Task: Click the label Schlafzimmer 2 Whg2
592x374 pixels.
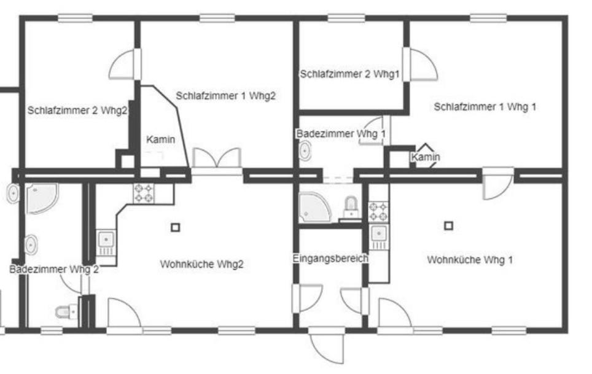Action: pos(77,111)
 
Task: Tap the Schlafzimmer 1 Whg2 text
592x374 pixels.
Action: pos(226,96)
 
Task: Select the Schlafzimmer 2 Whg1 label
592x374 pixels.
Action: pos(349,74)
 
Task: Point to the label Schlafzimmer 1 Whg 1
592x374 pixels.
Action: pos(485,107)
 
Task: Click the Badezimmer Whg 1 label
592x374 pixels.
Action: pos(341,134)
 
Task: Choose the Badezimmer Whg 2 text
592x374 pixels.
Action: pos(54,270)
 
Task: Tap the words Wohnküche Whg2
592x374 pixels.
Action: pos(201,264)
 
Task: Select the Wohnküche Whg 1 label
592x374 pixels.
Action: pos(470,260)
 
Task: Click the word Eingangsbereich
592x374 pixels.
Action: pos(330,259)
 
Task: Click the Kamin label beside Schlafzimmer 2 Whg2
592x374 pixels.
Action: pos(161,139)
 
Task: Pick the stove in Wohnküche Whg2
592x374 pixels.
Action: pos(144,193)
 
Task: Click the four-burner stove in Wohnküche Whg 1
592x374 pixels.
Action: pos(378,211)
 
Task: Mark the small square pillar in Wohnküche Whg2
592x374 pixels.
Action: pos(175,228)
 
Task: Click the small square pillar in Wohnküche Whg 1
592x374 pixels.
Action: pos(448,225)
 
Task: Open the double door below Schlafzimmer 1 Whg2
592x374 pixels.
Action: pos(217,158)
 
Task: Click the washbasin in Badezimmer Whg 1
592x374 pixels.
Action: pos(305,151)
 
